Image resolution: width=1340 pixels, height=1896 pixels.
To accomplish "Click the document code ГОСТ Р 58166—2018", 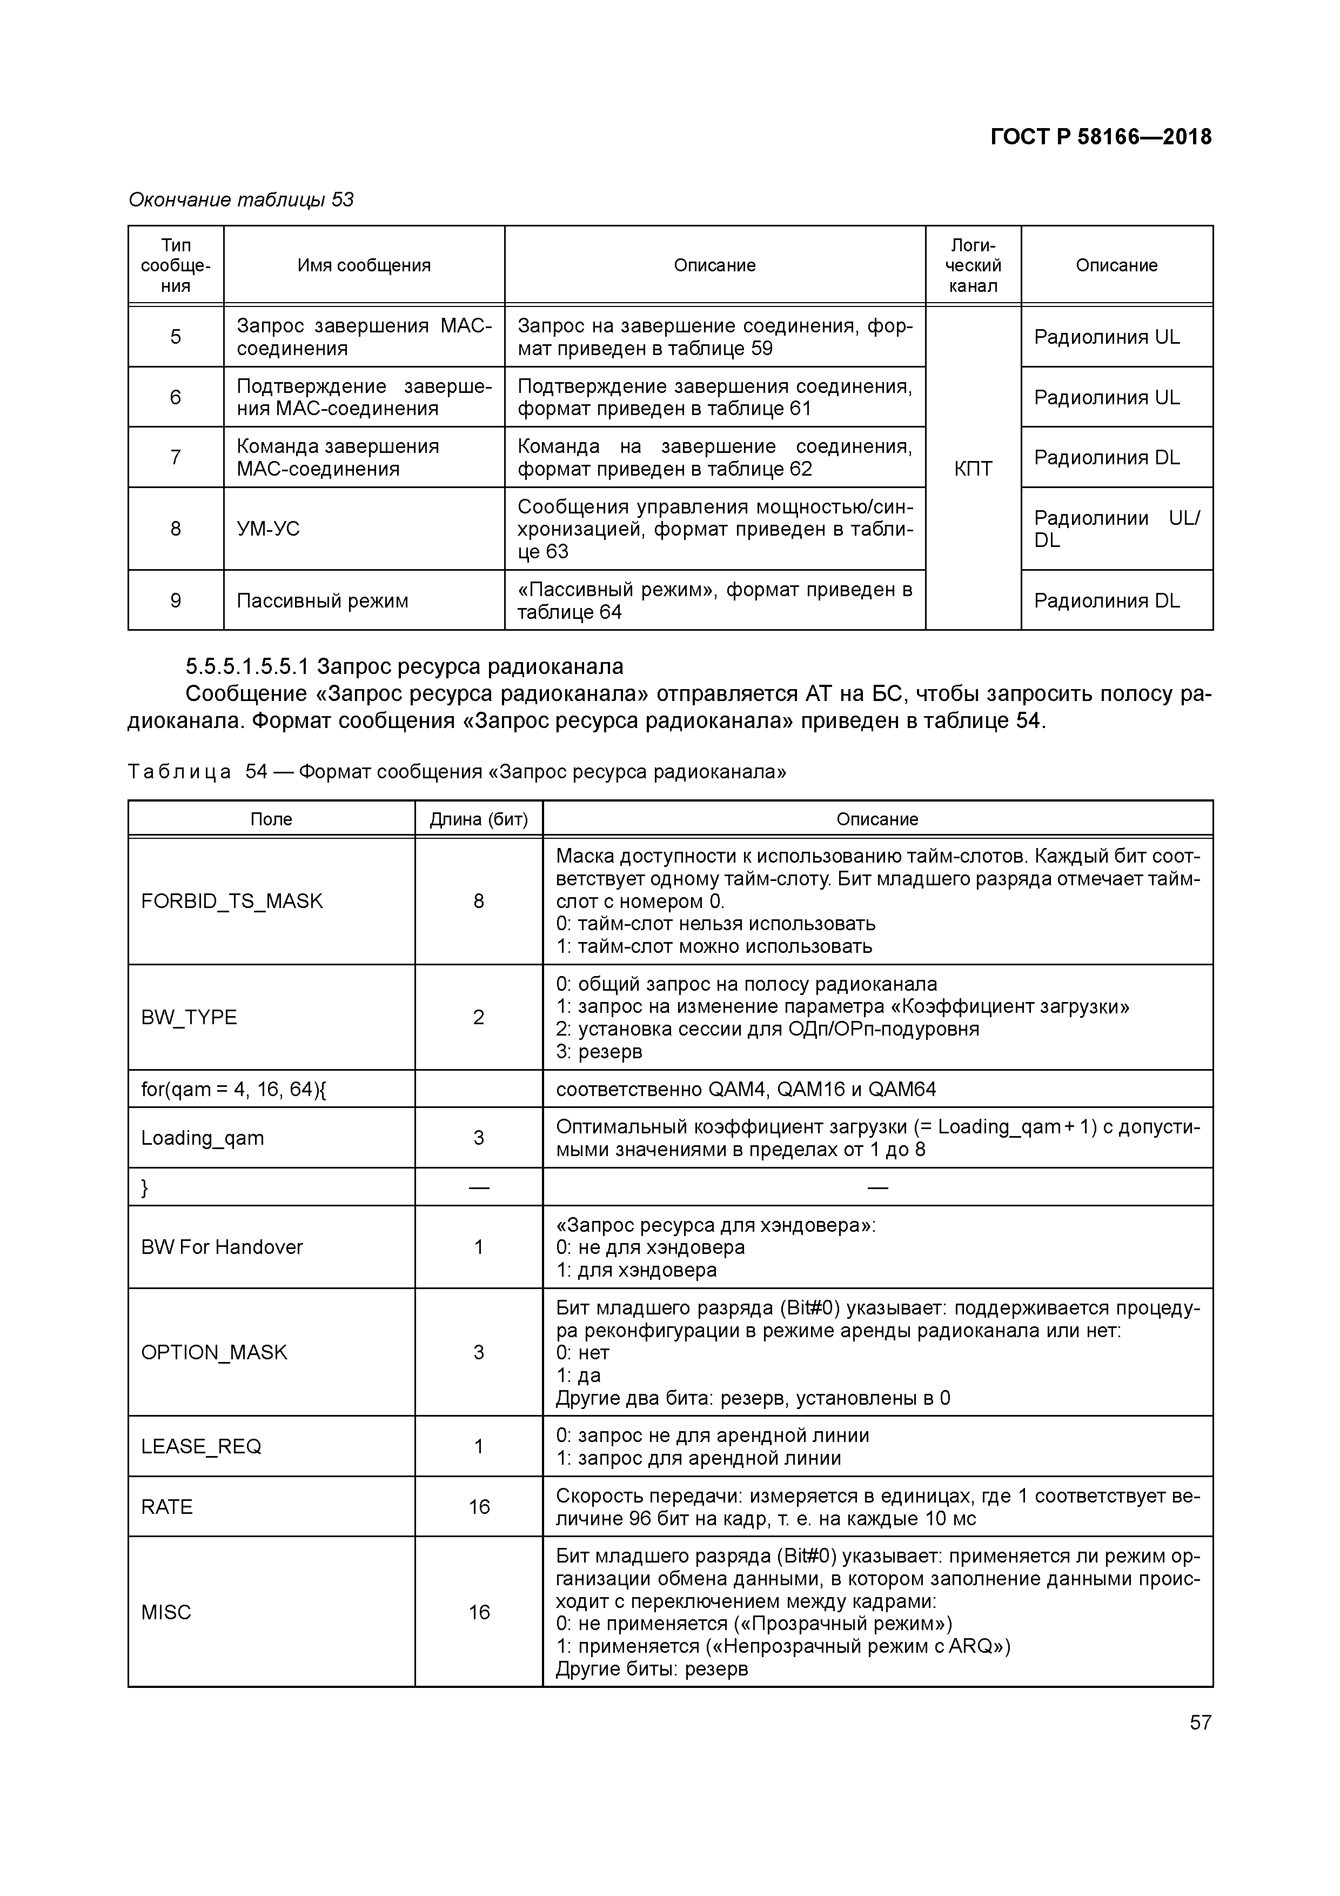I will (1101, 137).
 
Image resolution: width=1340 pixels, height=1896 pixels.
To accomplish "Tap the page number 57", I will (1200, 1722).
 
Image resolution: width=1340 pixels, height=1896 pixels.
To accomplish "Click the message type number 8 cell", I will (175, 529).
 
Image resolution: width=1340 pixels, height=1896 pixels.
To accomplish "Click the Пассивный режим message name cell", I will (322, 600).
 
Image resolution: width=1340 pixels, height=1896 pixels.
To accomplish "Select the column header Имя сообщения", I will (364, 265).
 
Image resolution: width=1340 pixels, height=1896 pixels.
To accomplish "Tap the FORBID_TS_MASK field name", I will (231, 901).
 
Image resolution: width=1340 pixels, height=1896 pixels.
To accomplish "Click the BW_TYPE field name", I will (189, 1017).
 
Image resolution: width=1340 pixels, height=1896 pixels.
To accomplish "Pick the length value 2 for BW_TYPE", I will (478, 1017).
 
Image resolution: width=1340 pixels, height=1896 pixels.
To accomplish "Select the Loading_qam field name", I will (202, 1138).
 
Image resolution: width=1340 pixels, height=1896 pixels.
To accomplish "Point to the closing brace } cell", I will (145, 1187).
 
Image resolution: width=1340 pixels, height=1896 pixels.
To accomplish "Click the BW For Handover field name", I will (222, 1247).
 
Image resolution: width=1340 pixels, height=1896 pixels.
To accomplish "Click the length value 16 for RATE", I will (479, 1507).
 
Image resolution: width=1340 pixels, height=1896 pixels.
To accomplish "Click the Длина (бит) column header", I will (478, 819).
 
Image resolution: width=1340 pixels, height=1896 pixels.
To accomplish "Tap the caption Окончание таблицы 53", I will (241, 200).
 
